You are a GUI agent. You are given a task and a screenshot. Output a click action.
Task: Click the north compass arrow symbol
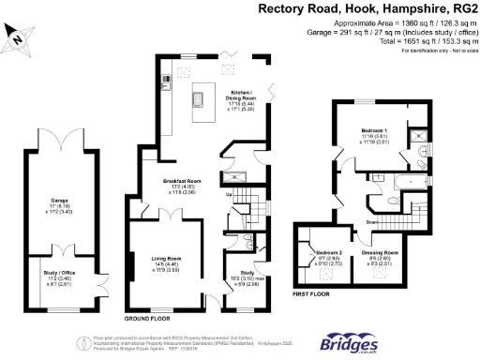(x=16, y=37)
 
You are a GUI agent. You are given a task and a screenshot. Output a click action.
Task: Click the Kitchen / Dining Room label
(x=244, y=97)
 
